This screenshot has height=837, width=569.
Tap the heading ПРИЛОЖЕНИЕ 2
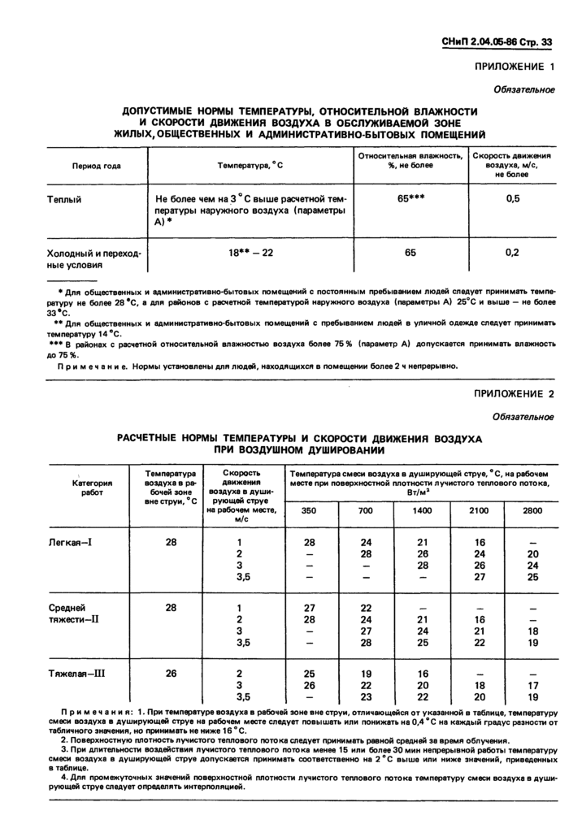coord(515,395)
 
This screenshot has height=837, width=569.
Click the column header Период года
coord(97,166)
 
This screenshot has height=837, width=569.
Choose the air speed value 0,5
coord(512,199)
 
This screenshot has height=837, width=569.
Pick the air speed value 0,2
coord(512,253)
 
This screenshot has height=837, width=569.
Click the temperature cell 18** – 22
coord(250,253)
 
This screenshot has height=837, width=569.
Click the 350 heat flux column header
coord(310,510)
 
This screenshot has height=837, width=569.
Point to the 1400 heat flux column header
coord(423,510)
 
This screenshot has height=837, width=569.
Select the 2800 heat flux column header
coord(532,510)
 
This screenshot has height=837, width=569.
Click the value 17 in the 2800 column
coord(532,685)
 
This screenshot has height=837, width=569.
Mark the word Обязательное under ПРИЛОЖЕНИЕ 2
coord(524,417)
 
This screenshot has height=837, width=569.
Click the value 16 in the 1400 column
coord(423,673)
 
